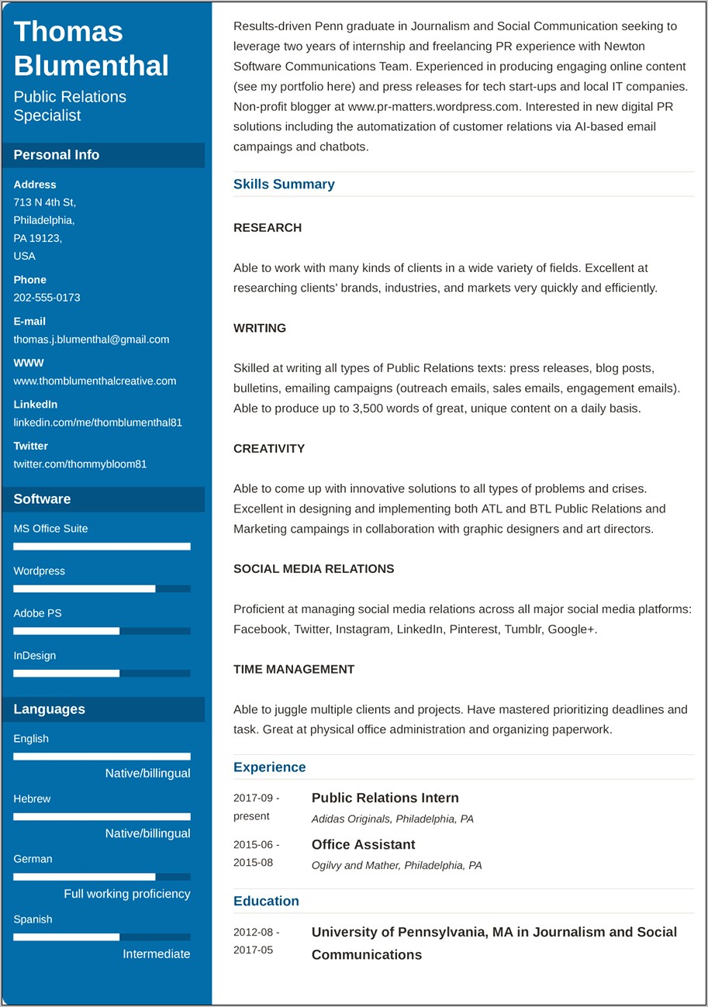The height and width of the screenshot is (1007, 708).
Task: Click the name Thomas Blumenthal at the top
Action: point(91,48)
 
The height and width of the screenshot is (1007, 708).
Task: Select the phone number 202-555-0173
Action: point(47,298)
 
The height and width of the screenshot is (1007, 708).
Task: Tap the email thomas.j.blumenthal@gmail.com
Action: point(91,340)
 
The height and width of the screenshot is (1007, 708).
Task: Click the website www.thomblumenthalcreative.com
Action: point(95,381)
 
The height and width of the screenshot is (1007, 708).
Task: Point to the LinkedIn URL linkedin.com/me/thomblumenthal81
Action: point(98,422)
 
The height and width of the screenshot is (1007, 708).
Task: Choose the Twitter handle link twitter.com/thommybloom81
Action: point(80,464)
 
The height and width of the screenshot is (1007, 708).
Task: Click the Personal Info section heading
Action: point(57,155)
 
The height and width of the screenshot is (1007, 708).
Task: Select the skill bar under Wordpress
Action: point(102,589)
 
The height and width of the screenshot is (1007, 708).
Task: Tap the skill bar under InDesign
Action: point(102,674)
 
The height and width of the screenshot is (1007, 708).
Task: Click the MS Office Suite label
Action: point(50,529)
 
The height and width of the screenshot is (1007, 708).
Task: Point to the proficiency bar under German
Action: point(102,877)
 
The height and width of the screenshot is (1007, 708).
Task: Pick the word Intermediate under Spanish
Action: point(156,954)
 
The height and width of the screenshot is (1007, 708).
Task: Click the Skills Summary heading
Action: point(284,185)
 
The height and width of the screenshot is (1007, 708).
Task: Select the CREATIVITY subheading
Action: point(269,449)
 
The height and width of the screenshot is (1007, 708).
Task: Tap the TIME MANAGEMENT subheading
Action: point(294,670)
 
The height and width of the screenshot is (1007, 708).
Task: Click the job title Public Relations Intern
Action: point(385,798)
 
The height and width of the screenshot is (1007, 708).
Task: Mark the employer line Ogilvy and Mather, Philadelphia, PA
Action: point(396,865)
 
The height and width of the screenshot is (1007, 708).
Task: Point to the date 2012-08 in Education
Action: point(256,933)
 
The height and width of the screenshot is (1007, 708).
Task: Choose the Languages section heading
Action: point(50,709)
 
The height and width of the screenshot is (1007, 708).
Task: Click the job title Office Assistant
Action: point(363,845)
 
